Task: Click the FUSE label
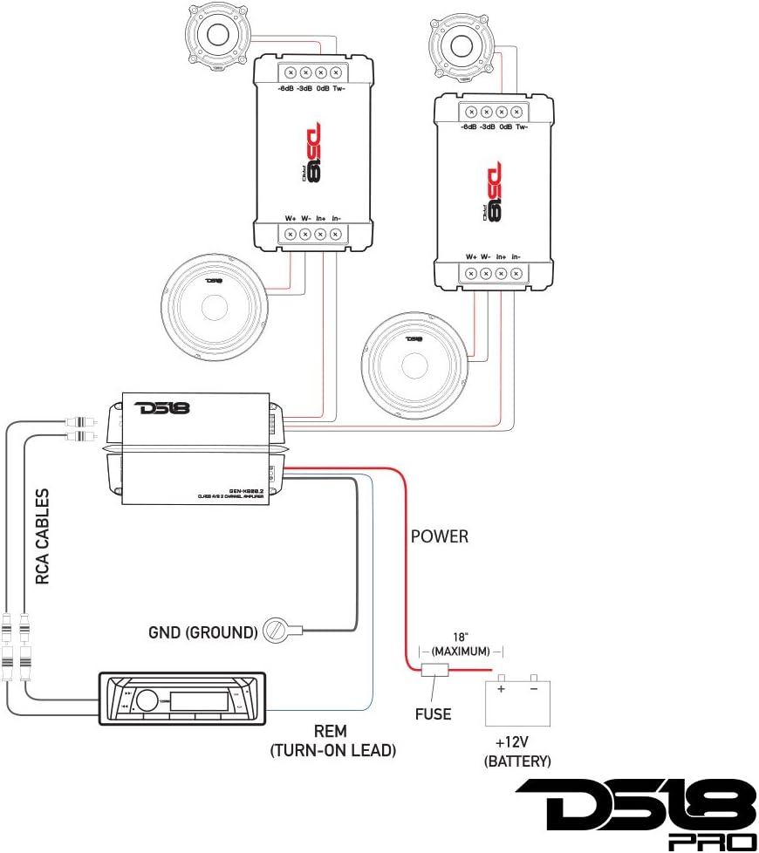coord(433,713)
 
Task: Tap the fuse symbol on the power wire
coord(434,672)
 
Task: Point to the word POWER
coord(440,536)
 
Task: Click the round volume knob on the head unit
coord(147,698)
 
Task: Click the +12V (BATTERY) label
coord(517,752)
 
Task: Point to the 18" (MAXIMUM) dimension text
coord(460,645)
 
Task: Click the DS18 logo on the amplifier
coord(161,407)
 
